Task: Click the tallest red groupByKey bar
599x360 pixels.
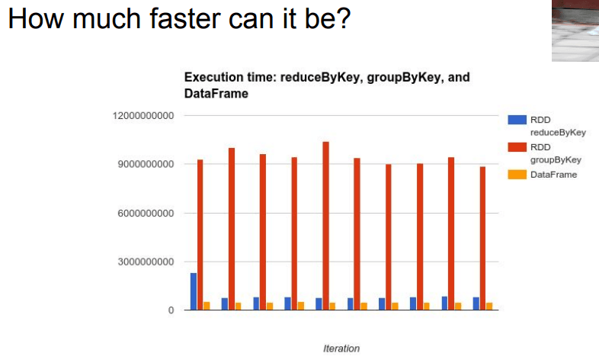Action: tap(325, 226)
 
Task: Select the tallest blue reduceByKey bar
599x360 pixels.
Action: tap(194, 291)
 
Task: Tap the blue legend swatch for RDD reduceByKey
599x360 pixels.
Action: tap(517, 120)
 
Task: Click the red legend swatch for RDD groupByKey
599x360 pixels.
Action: tap(517, 147)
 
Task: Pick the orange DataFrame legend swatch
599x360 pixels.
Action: tap(517, 175)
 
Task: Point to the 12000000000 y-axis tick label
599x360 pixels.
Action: tap(143, 116)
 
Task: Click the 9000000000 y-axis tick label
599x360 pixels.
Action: tap(146, 164)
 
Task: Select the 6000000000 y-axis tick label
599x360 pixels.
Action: tap(146, 214)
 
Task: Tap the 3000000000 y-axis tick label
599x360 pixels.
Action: tap(146, 262)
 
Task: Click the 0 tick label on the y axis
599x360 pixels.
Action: tap(171, 310)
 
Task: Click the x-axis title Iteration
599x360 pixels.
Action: tap(341, 349)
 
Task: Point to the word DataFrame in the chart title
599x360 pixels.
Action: tap(216, 94)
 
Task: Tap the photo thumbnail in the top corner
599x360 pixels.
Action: tap(575, 31)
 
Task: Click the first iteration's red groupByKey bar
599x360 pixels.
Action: tap(200, 235)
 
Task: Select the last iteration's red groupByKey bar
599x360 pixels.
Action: tap(483, 238)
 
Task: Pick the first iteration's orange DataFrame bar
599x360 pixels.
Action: tap(207, 306)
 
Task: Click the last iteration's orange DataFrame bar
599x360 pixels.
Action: tap(489, 306)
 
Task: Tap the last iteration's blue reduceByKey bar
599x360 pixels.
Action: tap(476, 304)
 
